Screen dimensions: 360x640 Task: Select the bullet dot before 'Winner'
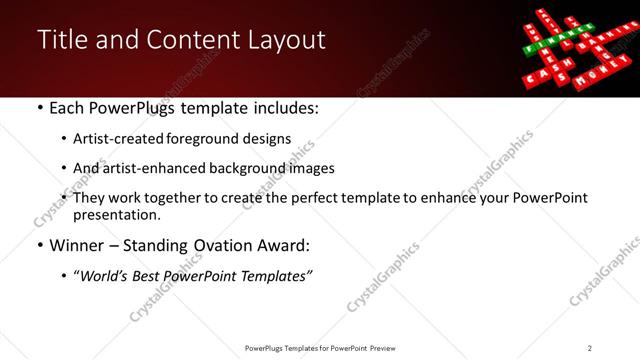coord(38,245)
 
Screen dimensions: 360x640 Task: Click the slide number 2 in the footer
coord(589,348)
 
